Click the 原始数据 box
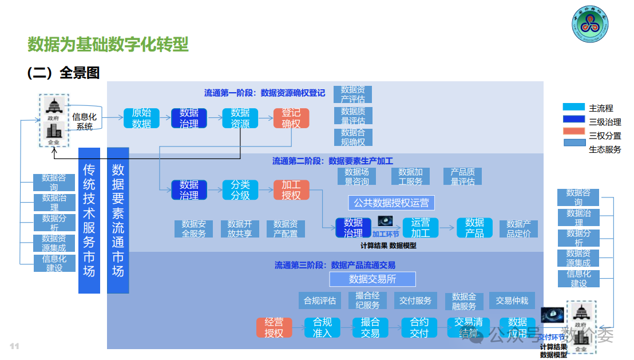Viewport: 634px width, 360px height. (x=141, y=118)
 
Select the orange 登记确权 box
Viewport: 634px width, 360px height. (x=291, y=118)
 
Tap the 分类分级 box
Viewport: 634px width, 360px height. (x=240, y=190)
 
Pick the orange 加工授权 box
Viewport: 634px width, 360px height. (x=291, y=190)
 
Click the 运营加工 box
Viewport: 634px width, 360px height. (x=420, y=228)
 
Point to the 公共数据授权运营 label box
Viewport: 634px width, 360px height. (x=391, y=203)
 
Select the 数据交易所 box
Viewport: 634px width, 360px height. (x=373, y=279)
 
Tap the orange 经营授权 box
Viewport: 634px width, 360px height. (x=274, y=327)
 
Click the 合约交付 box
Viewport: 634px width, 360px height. (x=419, y=327)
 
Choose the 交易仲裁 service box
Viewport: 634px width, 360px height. (x=512, y=300)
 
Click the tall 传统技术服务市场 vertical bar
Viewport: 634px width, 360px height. (x=89, y=221)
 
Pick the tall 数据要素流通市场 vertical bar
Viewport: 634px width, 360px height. (x=118, y=221)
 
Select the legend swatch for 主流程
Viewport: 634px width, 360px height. (x=574, y=107)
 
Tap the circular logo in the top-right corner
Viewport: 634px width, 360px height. (x=591, y=27)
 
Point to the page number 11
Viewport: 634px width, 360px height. (x=14, y=346)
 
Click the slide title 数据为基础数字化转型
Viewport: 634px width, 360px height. (x=108, y=44)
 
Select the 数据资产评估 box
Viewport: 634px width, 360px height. (x=352, y=94)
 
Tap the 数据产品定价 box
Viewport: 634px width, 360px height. (x=518, y=228)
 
